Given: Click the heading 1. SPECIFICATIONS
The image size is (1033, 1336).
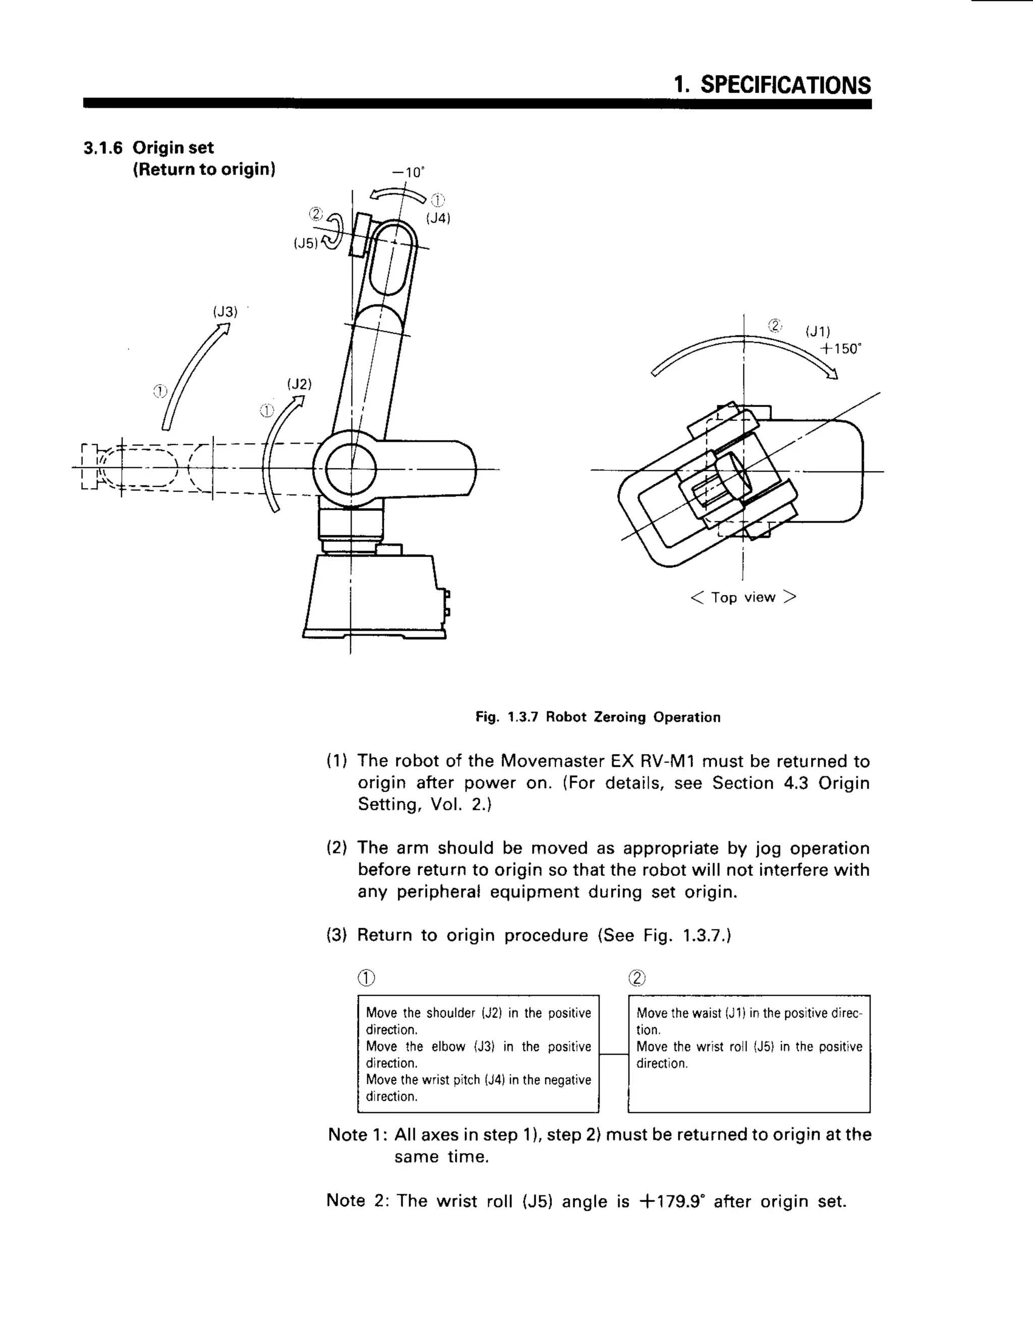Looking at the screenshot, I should point(772,85).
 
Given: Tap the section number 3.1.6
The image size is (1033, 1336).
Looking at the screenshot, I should point(103,148).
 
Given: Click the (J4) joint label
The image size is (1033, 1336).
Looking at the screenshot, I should point(438,218).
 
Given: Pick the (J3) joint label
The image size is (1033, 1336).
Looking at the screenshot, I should point(224,312).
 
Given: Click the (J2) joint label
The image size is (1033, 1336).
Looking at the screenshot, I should point(299,384).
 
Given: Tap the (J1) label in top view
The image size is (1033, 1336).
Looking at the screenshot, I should point(818,332).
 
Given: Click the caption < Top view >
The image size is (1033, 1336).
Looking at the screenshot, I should point(743,597).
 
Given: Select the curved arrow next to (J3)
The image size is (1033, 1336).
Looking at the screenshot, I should point(193,376).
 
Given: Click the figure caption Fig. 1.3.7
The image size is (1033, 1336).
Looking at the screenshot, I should point(598,717).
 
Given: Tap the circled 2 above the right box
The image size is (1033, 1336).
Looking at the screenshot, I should point(637,978).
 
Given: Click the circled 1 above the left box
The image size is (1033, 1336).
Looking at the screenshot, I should point(366,978).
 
